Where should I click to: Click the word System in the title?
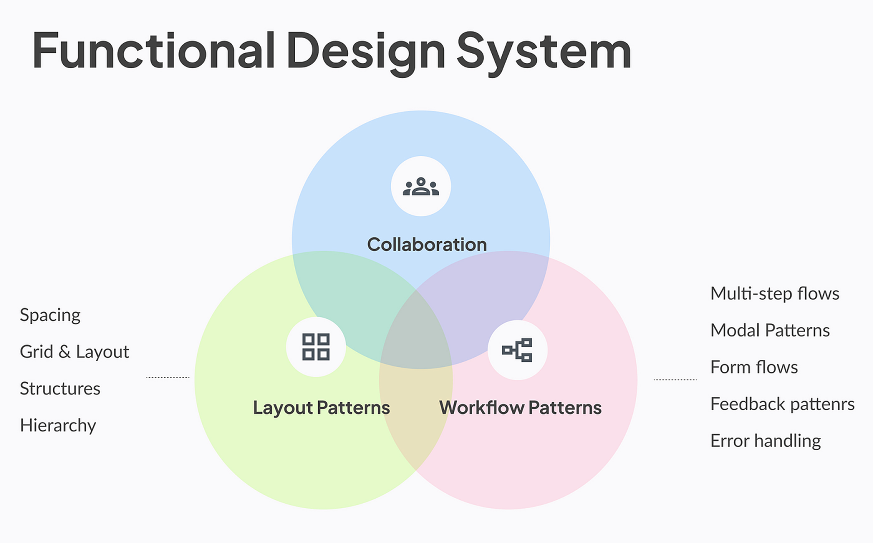coord(544,54)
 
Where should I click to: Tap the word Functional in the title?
coord(154,50)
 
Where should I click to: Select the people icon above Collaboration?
coord(421,186)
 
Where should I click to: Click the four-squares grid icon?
coord(316,347)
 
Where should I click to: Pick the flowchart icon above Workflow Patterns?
coord(517,350)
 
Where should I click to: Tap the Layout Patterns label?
coord(321,408)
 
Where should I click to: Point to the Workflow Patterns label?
coord(521,408)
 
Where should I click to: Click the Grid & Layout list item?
coord(75,352)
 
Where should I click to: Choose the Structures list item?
coord(60,389)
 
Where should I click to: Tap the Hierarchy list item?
coord(58,426)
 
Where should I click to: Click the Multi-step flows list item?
coord(775,294)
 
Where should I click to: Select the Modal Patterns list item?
coord(770,330)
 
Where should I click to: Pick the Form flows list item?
coord(754,367)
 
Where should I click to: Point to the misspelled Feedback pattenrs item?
coord(783,404)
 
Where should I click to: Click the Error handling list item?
coord(766,441)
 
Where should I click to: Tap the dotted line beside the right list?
coord(675,379)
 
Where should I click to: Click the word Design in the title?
coord(366,54)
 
